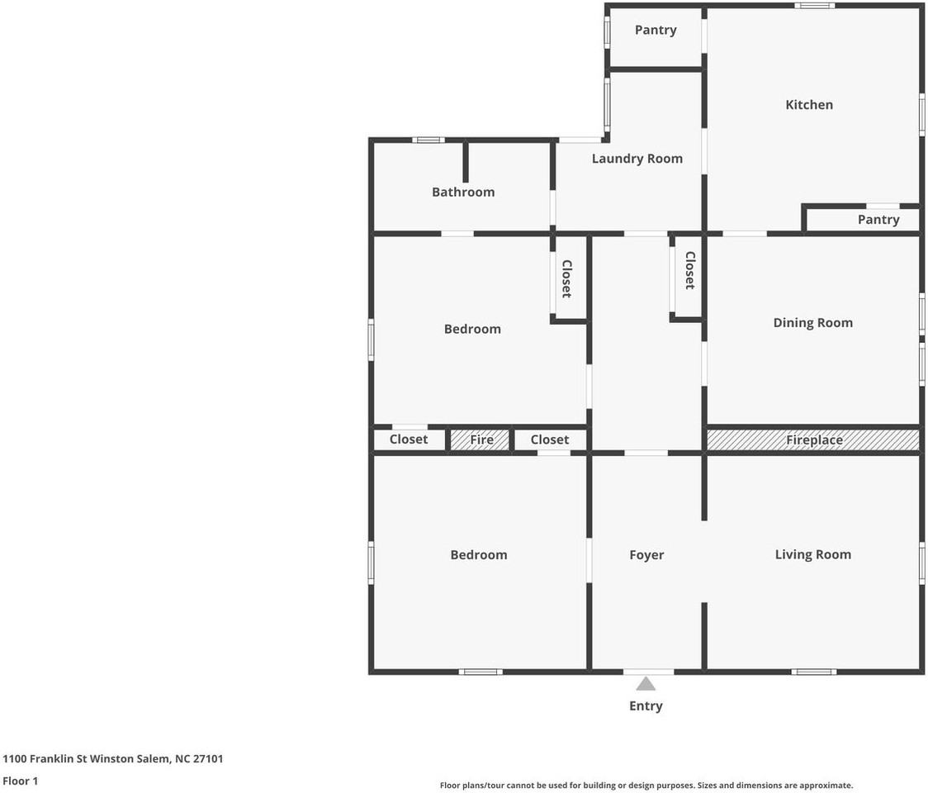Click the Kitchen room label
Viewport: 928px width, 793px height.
(809, 105)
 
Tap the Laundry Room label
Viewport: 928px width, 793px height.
(637, 159)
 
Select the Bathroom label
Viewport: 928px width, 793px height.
(463, 192)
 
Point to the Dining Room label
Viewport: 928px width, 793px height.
(813, 323)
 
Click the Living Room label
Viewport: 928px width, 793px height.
(813, 554)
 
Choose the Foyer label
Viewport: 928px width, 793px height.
(646, 555)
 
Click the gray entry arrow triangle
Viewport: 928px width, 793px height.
(646, 684)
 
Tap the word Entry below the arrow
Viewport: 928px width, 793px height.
(646, 706)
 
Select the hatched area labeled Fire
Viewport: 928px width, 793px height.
(480, 440)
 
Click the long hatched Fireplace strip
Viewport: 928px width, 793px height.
(813, 440)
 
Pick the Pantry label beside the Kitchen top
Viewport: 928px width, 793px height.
(656, 31)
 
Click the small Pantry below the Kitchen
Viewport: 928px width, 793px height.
(878, 220)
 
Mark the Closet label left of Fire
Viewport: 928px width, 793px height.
(409, 439)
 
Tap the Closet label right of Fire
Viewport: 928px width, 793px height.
(550, 439)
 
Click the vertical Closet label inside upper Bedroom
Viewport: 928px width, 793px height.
(567, 278)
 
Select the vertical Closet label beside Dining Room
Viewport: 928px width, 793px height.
(690, 270)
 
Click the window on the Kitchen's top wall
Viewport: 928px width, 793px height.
(814, 6)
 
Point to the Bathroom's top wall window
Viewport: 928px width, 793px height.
(428, 140)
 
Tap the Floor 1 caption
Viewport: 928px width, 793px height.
(20, 781)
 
